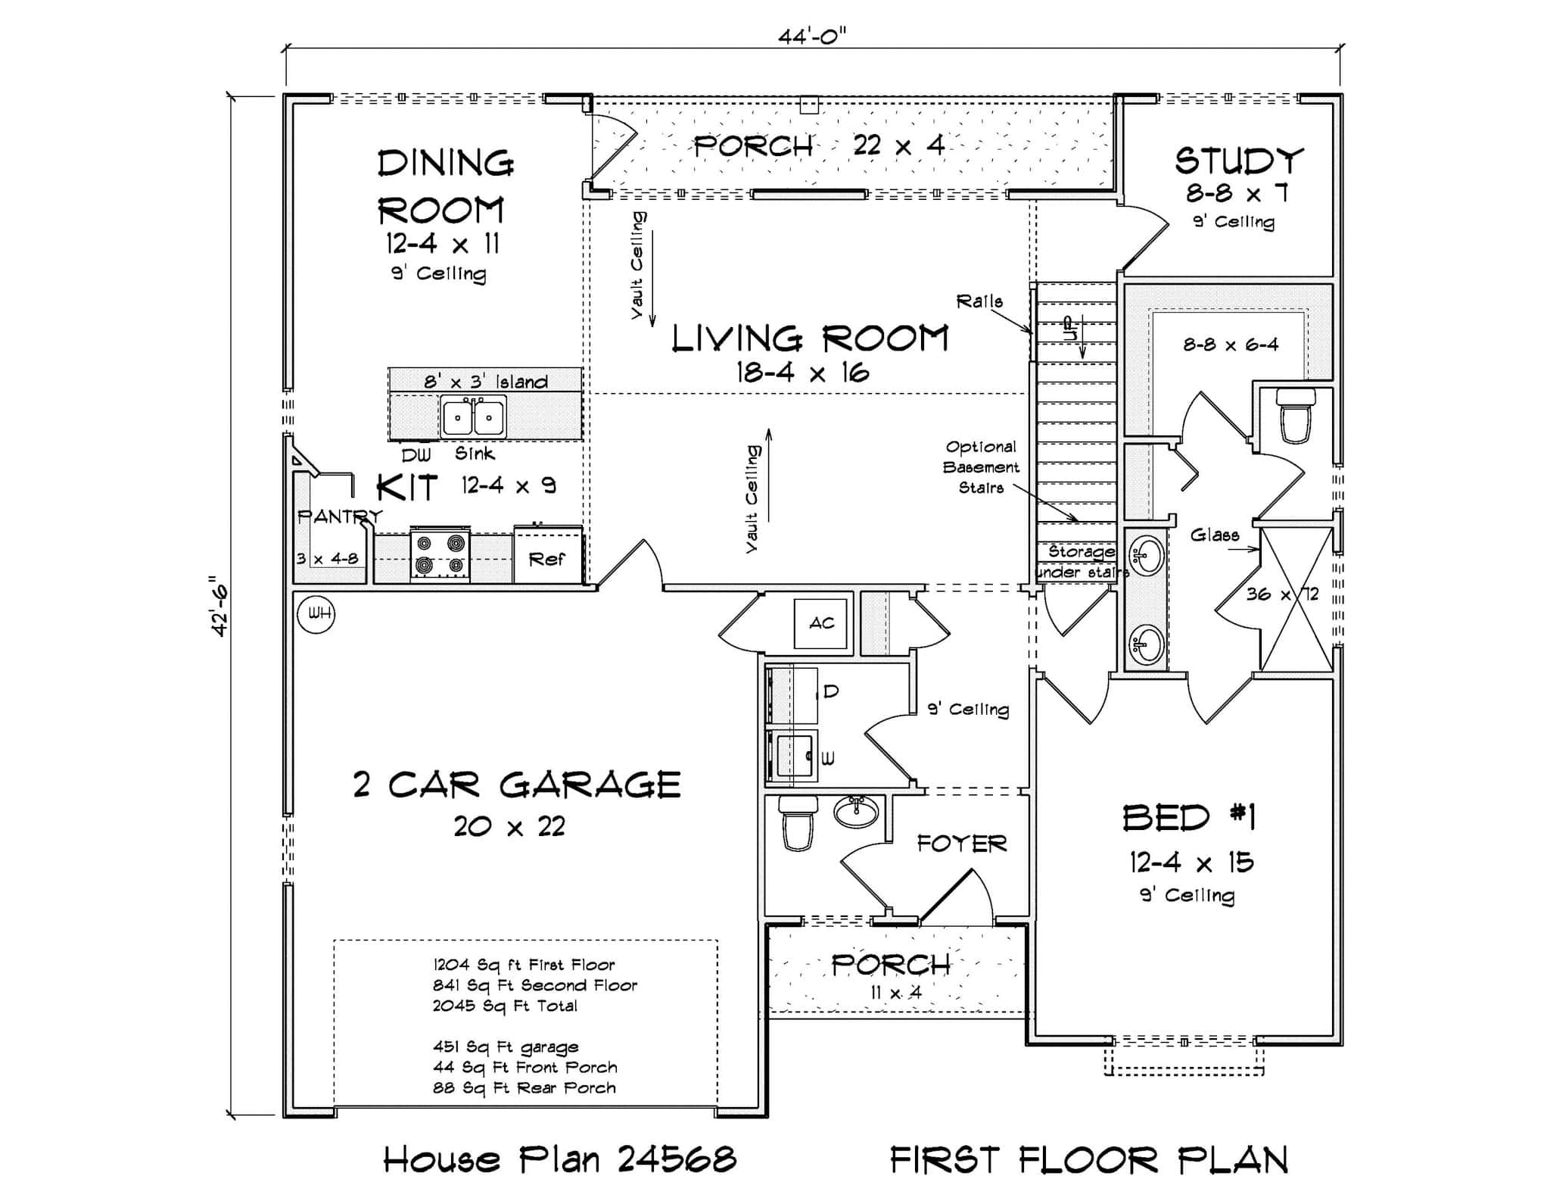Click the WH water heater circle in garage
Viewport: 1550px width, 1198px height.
[316, 613]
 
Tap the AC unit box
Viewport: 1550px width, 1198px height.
[821, 623]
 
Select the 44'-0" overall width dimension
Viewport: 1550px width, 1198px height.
[812, 36]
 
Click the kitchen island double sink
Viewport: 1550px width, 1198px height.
[474, 416]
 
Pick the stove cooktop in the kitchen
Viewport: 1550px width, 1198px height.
[440, 554]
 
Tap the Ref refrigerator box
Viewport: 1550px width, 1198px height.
[547, 559]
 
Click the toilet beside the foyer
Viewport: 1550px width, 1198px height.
[797, 823]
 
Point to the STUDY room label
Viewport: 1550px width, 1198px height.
[1239, 161]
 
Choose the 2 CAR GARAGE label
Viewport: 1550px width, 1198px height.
[517, 785]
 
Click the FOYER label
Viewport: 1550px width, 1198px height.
[961, 844]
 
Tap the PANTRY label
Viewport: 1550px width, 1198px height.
[338, 517]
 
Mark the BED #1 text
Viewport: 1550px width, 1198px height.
[1189, 818]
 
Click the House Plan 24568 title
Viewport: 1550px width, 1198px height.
[559, 1159]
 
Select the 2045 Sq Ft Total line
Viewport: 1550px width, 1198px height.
[505, 1006]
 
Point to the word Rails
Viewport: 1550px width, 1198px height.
[979, 301]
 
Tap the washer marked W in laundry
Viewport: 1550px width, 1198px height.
[793, 754]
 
